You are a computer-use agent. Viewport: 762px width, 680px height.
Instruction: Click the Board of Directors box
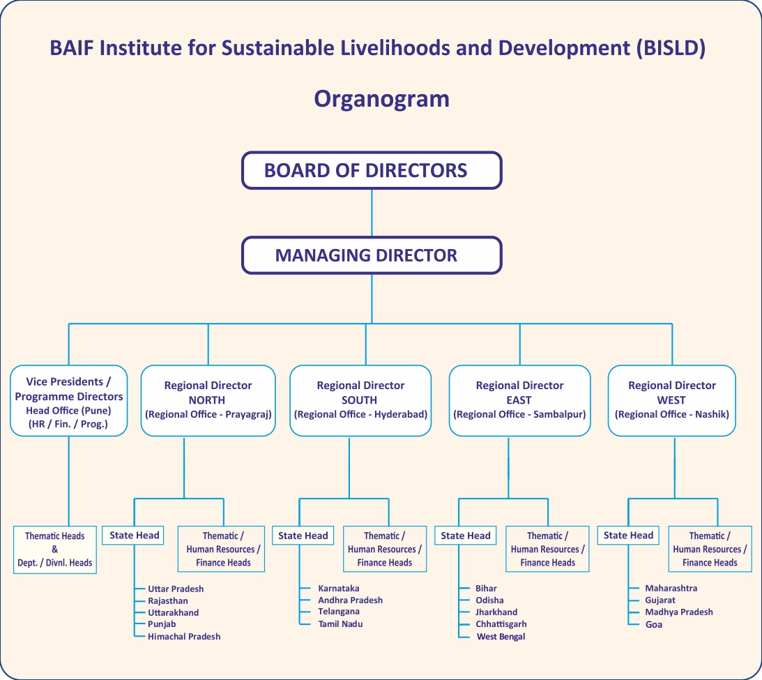[372, 170]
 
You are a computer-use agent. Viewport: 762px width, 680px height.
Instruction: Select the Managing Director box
[372, 255]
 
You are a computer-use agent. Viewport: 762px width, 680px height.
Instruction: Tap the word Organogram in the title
[381, 99]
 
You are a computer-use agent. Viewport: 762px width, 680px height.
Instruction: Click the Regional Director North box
[208, 400]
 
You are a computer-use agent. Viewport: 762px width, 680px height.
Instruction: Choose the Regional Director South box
[360, 400]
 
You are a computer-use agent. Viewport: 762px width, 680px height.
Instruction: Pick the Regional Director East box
[519, 400]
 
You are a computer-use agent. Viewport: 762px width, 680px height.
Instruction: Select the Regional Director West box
[671, 400]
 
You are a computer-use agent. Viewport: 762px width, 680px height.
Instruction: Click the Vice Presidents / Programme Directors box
[68, 400]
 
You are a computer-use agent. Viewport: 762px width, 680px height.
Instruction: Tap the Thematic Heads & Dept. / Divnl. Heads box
[55, 550]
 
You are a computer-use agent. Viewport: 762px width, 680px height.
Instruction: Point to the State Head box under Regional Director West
[628, 535]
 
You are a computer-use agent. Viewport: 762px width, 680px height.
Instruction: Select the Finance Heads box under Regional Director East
[547, 549]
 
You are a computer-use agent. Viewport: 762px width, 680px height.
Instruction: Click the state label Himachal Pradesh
[184, 636]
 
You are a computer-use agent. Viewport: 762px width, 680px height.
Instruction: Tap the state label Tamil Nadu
[340, 624]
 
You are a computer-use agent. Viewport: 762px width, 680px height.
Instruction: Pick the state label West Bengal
[501, 636]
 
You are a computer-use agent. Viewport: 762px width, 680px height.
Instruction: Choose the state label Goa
[654, 625]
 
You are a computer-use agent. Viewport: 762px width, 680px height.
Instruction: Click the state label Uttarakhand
[174, 612]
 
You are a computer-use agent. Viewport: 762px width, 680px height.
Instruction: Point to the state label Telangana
[339, 612]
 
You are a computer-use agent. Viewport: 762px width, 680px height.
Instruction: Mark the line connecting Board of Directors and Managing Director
[372, 213]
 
